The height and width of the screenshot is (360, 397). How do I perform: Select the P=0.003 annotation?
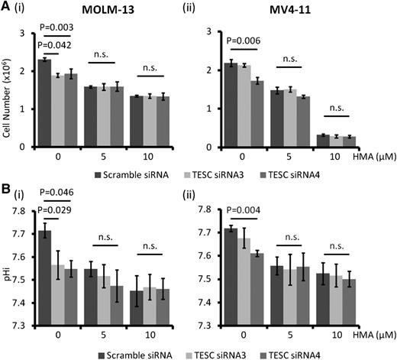[x=62, y=27]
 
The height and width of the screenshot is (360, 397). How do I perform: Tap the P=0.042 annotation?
[x=62, y=44]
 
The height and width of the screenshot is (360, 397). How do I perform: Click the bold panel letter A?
[x=6, y=8]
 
